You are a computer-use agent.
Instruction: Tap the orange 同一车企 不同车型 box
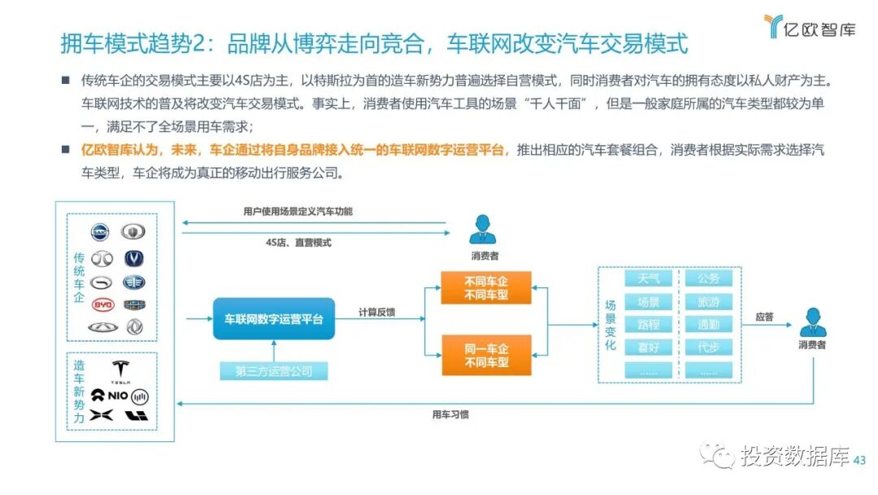(486, 355)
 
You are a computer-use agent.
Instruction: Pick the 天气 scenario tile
(649, 278)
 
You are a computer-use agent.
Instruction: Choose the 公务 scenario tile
(708, 278)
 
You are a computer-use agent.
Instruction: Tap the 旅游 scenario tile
(708, 302)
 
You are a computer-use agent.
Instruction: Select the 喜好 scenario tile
(649, 348)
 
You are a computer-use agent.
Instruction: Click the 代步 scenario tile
(708, 348)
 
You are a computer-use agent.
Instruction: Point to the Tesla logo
(120, 371)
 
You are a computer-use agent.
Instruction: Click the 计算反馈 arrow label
(377, 312)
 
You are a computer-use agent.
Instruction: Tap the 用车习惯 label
(450, 414)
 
